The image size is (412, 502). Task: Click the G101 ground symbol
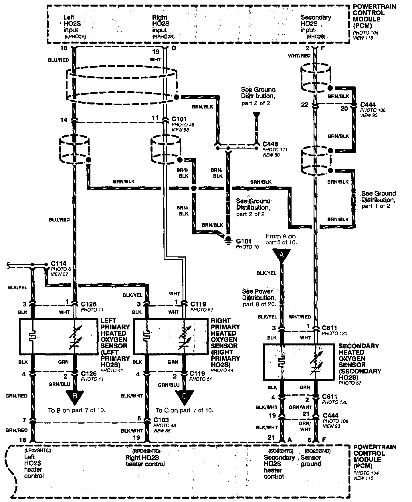pyautogui.click(x=228, y=240)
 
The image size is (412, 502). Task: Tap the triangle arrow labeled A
pyautogui.click(x=282, y=255)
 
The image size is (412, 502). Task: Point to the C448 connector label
pyautogui.click(x=270, y=144)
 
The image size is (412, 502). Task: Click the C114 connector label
pyautogui.click(x=59, y=263)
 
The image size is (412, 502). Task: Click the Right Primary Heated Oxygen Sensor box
pyautogui.click(x=171, y=337)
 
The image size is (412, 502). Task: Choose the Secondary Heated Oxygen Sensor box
pyautogui.click(x=298, y=362)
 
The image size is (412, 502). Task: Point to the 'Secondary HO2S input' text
pyautogui.click(x=316, y=24)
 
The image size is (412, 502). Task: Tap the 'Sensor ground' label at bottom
pyautogui.click(x=311, y=461)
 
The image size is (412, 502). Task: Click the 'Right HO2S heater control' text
pyautogui.click(x=145, y=461)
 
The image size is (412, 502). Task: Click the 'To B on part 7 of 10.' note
pyautogui.click(x=77, y=410)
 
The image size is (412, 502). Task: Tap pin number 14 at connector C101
pyautogui.click(x=64, y=120)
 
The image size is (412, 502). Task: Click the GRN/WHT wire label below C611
pyautogui.click(x=300, y=407)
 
